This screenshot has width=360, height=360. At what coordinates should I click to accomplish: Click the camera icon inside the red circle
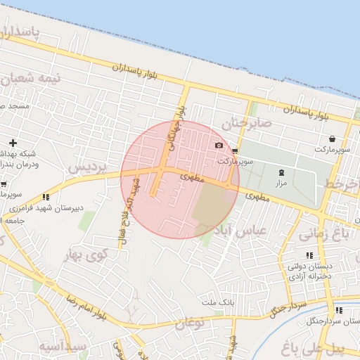pos(219,146)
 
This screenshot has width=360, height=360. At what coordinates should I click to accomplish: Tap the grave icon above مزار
pos(282,172)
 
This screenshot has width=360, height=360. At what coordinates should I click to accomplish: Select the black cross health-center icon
pos(13,143)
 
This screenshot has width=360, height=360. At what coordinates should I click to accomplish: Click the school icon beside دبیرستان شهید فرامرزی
pos(46,197)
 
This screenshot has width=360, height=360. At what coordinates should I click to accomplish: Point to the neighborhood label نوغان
pos(187,323)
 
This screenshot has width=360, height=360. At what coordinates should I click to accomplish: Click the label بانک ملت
pos(217,302)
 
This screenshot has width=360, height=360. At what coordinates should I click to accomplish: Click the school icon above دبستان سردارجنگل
pos(338,310)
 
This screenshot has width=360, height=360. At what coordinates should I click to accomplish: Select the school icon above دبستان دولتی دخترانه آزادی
pos(309,255)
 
